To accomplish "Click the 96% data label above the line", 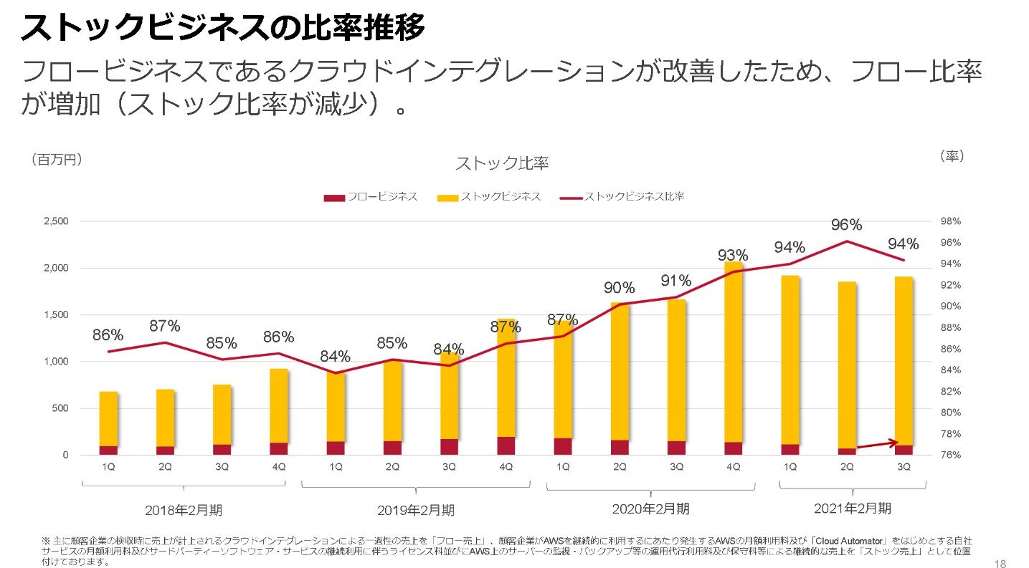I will tap(846, 225).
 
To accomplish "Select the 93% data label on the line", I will tap(734, 256).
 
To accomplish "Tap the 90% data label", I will tap(619, 288).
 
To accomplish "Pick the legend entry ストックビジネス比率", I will tap(633, 196).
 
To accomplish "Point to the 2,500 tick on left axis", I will tap(55, 221).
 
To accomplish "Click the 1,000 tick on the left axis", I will tap(55, 362).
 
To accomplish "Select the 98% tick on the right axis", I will tap(951, 221).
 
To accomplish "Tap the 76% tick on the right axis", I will tap(951, 455).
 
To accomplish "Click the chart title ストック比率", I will tap(502, 164).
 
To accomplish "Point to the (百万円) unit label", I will tap(57, 160).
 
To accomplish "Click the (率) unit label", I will tap(951, 155).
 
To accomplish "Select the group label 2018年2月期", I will tap(184, 511).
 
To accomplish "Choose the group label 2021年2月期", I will tap(853, 509).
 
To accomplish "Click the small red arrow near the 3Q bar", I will tap(877, 444).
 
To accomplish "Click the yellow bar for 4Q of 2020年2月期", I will tap(733, 351).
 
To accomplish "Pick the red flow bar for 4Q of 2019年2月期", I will tap(506, 446).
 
